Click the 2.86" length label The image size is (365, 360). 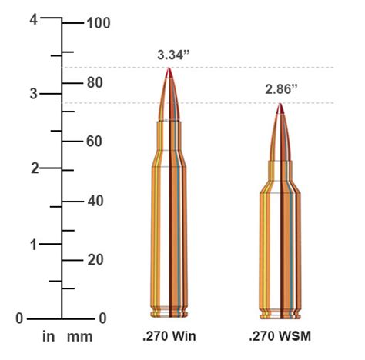point(280,90)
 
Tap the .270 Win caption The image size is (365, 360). point(169,337)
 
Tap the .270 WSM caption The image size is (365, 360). point(280,337)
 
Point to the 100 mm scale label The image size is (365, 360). point(99,23)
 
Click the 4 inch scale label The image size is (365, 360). point(34,20)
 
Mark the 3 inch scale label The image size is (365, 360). point(34,94)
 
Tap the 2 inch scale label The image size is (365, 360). point(34,168)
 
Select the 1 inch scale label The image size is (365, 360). point(34,244)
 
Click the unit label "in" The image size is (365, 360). point(49,337)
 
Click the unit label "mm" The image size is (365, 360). point(79,337)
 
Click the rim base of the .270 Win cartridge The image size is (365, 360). point(170,313)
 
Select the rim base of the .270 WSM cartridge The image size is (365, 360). point(280,313)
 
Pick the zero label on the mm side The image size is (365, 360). point(102,318)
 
